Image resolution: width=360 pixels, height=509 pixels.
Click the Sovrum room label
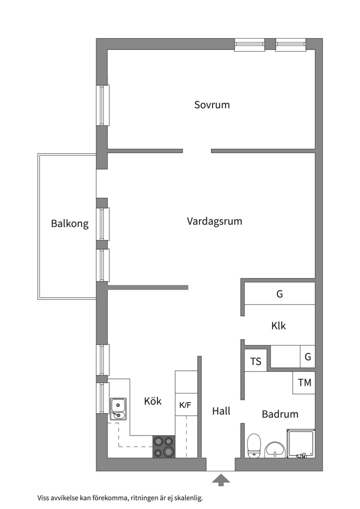[212, 105]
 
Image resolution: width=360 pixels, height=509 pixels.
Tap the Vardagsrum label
[214, 221]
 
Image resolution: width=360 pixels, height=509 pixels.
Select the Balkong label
[70, 223]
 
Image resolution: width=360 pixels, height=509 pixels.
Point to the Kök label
[153, 401]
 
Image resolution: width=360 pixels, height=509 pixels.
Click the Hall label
[221, 411]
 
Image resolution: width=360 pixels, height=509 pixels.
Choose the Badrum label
[280, 414]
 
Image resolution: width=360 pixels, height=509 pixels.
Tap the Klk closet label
[278, 326]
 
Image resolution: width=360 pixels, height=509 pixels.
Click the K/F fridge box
[186, 405]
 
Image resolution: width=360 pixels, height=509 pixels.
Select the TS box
[255, 361]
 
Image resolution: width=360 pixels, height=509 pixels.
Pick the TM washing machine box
[304, 383]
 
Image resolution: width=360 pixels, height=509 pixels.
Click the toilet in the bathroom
[254, 445]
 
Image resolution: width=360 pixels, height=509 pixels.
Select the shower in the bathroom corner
[301, 443]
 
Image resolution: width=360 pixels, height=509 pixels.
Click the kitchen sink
[118, 409]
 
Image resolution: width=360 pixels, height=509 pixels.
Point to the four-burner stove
[164, 446]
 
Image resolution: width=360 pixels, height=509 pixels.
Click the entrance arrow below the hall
[221, 480]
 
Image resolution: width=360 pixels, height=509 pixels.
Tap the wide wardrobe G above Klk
[280, 294]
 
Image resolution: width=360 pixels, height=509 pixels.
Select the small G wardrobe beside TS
[308, 357]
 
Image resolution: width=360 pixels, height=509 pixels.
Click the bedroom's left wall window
[103, 105]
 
